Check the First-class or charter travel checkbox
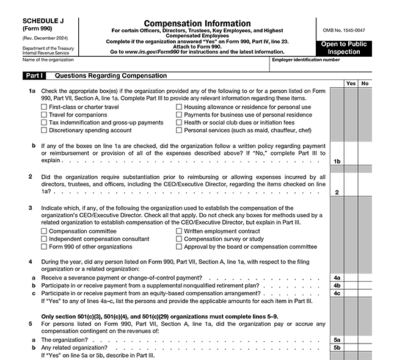click(x=43, y=107)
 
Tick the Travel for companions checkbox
click(x=43, y=115)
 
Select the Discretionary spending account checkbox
click(x=43, y=130)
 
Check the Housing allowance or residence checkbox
click(x=179, y=107)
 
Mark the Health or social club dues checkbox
click(x=179, y=122)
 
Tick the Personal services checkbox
click(x=179, y=130)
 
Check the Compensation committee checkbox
click(x=43, y=231)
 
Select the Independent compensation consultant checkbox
click(x=43, y=239)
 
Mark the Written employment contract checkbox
click(x=179, y=231)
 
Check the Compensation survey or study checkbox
click(x=179, y=239)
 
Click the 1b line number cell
click(x=337, y=161)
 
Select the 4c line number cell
click(x=337, y=293)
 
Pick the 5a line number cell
click(x=337, y=339)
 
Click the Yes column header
click(x=351, y=84)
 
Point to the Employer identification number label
click(x=305, y=60)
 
